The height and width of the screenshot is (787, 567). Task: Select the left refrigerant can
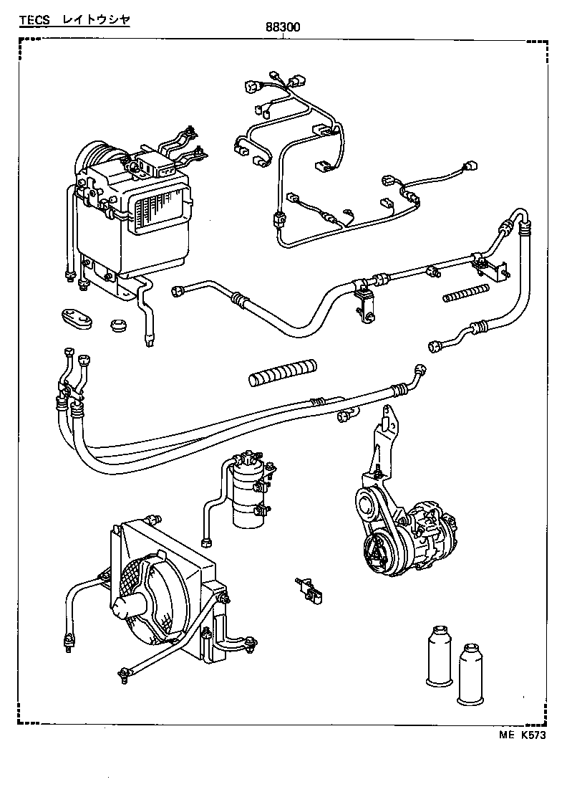437,658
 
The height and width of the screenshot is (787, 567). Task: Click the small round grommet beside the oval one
117,325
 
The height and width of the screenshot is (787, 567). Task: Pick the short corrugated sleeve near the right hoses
465,292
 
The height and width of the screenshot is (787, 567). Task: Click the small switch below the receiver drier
309,588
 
